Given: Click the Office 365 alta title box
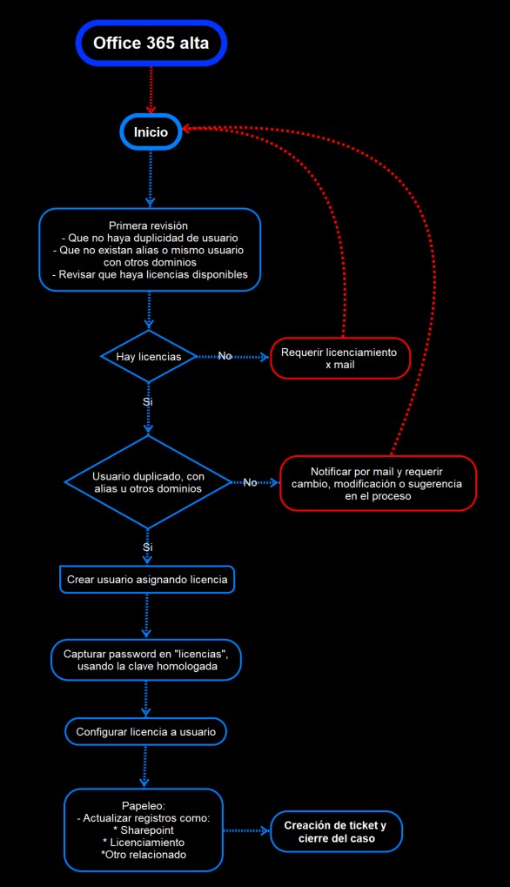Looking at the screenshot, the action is pos(151,43).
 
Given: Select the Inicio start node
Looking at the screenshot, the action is pos(151,131).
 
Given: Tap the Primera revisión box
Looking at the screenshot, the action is pos(150,250).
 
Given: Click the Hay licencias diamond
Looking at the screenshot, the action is pos(149,356).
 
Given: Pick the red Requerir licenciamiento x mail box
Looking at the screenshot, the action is pos(339,358).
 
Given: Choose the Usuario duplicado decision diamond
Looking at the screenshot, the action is pos(148,482).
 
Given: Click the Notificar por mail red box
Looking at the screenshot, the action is pos(379,483).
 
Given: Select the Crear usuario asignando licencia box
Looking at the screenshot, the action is pos(147,579).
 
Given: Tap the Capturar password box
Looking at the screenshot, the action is pos(146,660).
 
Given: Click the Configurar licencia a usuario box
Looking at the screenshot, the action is pos(146,732).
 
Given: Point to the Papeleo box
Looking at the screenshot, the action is pos(144,830).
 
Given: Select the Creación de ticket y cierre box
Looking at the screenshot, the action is pos(336,831).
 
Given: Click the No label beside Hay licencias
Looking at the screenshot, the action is pos(225,356).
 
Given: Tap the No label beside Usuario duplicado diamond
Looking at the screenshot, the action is pos(250,482).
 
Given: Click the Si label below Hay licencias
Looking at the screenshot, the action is pos(148,402).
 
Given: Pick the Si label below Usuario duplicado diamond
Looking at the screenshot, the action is pos(148,548).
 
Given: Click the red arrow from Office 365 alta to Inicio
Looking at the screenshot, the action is pos(151,90).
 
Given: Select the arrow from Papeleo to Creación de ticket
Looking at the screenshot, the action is pos(246,830).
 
